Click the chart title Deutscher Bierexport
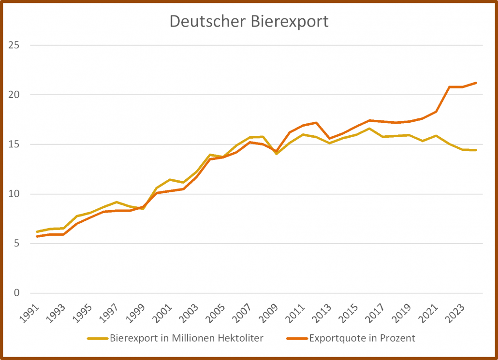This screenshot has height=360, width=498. click(249, 22)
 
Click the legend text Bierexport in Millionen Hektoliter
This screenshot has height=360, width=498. click(187, 338)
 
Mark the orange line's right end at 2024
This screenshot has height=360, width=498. click(476, 83)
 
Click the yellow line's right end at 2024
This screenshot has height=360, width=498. click(476, 150)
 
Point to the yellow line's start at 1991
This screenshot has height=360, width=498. click(37, 232)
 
